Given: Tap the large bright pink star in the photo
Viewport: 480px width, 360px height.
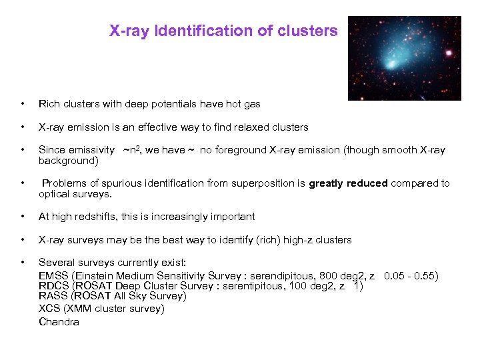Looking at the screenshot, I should (449, 52).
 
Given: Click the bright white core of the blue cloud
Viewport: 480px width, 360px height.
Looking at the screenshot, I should (393, 65).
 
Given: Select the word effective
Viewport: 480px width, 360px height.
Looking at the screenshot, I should (169, 127).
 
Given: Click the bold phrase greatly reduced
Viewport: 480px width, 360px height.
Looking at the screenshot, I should (348, 183).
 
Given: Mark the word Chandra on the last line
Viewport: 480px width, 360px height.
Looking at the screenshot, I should (59, 322).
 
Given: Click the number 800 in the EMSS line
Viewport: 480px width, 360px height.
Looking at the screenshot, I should (328, 276).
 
